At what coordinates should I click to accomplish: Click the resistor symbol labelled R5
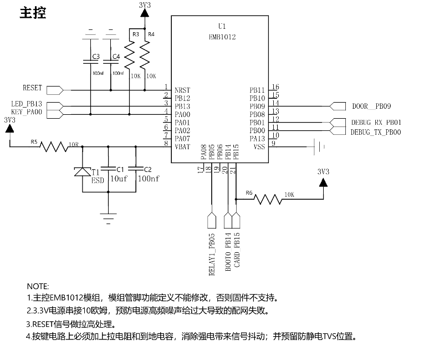[54, 147]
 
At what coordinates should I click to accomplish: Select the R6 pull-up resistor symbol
[268, 199]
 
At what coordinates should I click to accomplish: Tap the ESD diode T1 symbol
[83, 171]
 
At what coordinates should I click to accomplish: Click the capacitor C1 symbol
[108, 169]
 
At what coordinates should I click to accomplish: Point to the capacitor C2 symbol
[136, 169]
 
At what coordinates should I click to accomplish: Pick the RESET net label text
[32, 88]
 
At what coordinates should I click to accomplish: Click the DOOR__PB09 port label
[371, 106]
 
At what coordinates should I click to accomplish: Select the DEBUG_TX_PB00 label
[376, 132]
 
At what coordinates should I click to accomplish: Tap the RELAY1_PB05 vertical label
[212, 254]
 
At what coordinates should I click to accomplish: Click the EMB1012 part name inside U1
[222, 37]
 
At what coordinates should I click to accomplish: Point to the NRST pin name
[182, 90]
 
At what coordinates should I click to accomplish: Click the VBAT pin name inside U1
[182, 147]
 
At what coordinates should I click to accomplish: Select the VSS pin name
[259, 147]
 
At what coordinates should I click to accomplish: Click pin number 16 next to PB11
[275, 87]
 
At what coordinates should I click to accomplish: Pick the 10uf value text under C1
[119, 179]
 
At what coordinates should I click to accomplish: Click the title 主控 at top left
[33, 13]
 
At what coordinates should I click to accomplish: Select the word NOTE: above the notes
[38, 286]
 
